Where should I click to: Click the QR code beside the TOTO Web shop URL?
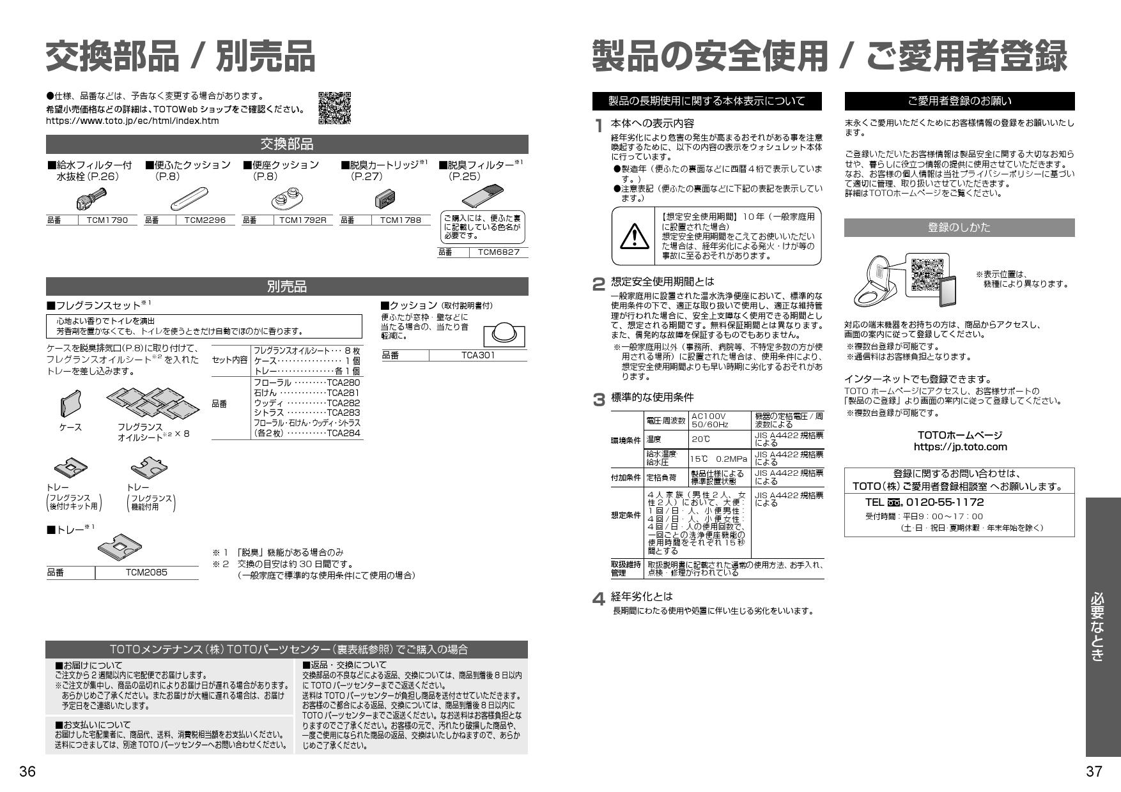click(x=334, y=107)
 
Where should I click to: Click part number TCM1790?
click(x=107, y=220)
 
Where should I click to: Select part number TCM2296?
click(x=205, y=220)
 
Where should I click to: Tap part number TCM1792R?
click(x=302, y=220)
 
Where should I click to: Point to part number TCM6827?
click(x=499, y=252)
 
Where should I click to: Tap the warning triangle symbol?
click(x=635, y=237)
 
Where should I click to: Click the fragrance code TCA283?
click(x=343, y=413)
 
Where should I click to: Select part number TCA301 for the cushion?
click(x=478, y=355)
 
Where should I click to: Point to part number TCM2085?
click(x=146, y=573)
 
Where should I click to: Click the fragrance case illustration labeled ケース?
click(x=70, y=404)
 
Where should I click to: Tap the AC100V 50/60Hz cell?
click(x=719, y=420)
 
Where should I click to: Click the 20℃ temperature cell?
click(x=719, y=439)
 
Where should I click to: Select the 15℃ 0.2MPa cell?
click(x=719, y=459)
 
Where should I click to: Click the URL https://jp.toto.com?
click(x=960, y=447)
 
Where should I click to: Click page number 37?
click(x=1094, y=772)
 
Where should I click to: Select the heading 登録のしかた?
click(x=959, y=227)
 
